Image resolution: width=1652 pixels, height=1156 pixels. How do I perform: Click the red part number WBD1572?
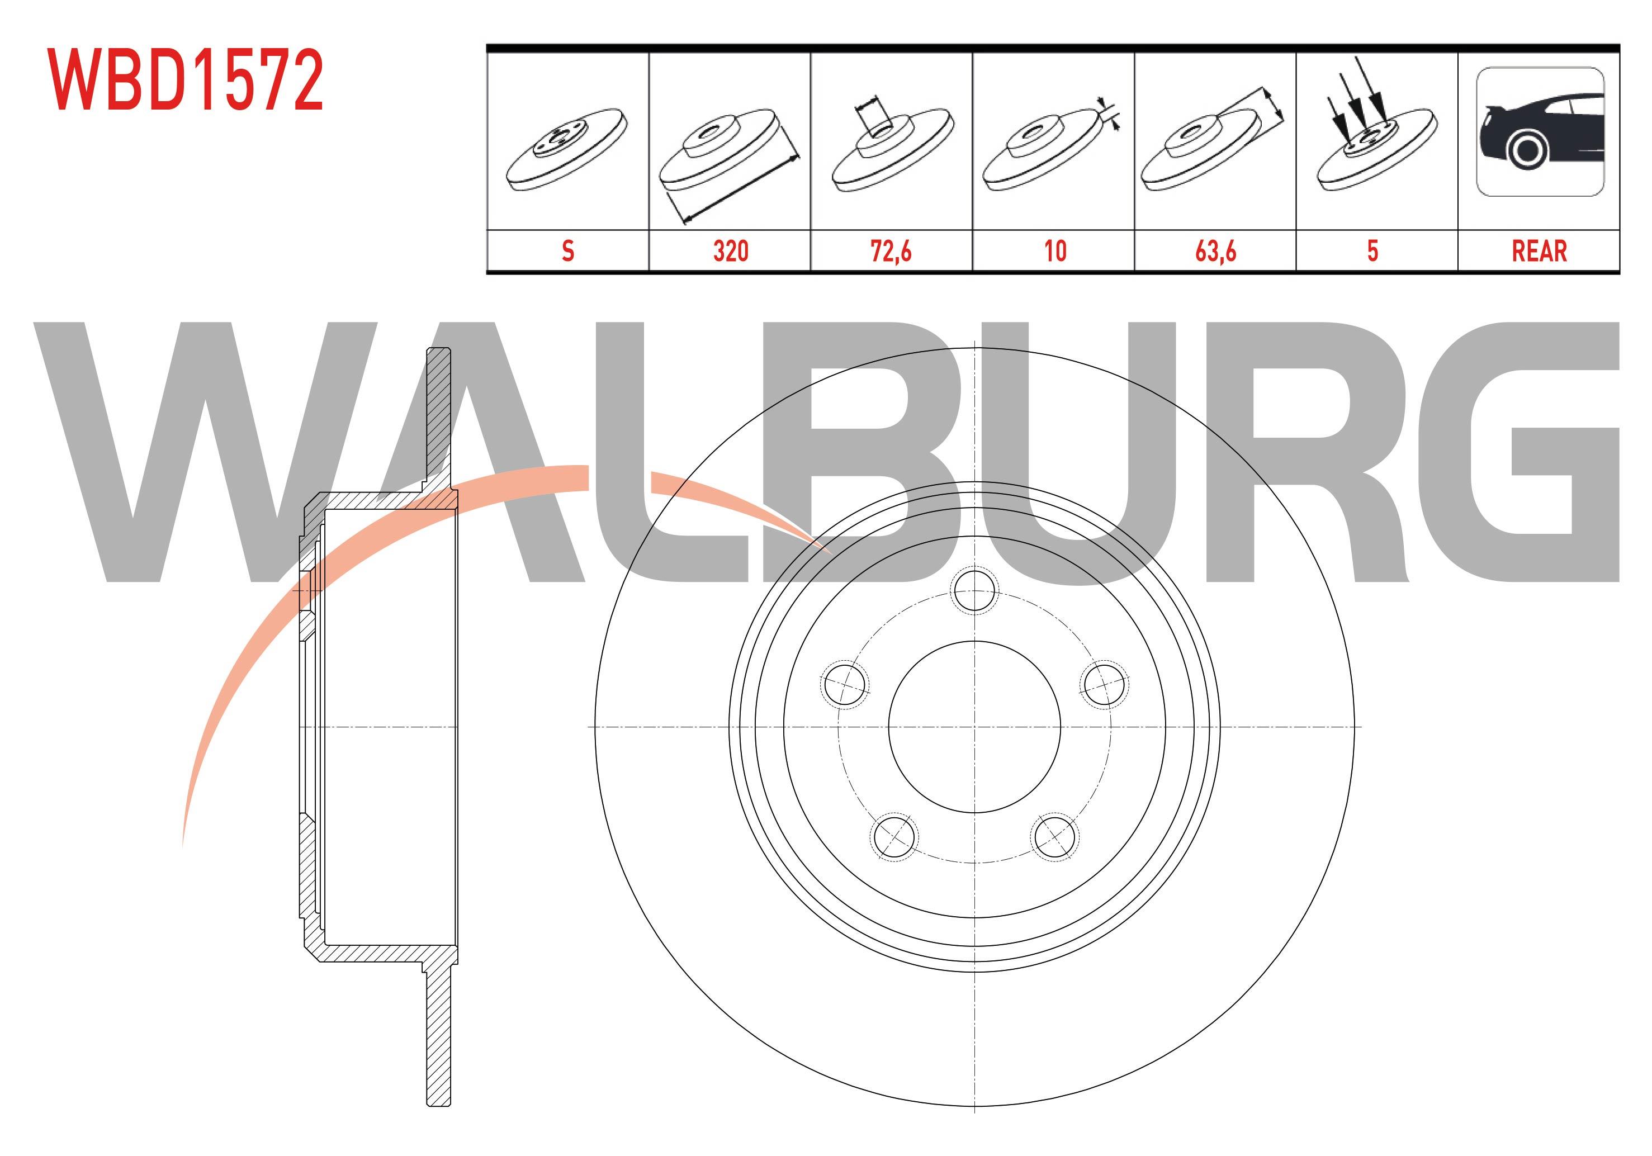[186, 80]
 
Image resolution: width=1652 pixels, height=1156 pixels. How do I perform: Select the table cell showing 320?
[730, 251]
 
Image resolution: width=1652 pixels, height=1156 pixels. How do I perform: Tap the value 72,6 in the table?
[892, 251]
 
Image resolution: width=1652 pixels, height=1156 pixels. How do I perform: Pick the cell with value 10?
[1055, 251]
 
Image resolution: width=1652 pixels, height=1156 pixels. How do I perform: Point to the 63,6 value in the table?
[1216, 251]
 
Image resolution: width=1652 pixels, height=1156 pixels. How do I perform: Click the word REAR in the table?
[1539, 251]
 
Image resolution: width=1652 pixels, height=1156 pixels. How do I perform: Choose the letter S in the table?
[567, 251]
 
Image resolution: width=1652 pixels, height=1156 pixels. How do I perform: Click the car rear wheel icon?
[1540, 131]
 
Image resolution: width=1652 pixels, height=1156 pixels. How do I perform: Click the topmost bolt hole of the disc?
[974, 591]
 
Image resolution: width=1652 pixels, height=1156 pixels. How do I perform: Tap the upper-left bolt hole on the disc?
[845, 684]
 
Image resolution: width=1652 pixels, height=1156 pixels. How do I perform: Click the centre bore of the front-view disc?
[974, 727]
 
